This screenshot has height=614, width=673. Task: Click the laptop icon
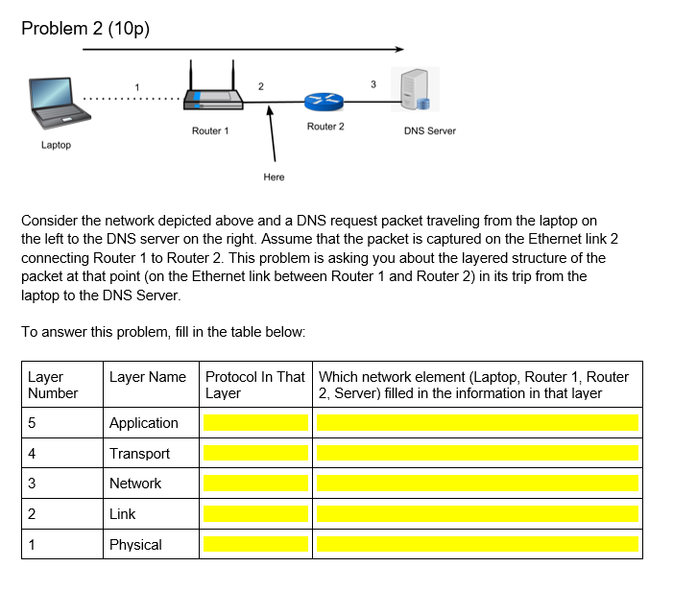click(59, 102)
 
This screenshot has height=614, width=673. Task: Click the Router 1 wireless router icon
click(210, 92)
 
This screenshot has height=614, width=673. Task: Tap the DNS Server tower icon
click(416, 90)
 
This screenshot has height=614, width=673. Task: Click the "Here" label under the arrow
click(274, 177)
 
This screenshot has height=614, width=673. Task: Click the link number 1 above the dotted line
click(136, 87)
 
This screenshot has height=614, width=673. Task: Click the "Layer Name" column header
click(148, 377)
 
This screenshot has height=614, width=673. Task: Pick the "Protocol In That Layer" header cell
click(254, 385)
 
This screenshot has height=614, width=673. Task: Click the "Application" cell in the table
click(144, 423)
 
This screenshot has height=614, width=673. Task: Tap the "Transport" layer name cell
click(139, 454)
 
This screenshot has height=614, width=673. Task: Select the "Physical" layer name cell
click(135, 545)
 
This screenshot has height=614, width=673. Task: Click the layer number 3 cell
click(34, 484)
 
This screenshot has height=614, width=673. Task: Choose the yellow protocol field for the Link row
click(255, 514)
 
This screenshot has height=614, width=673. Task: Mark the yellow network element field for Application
click(477, 423)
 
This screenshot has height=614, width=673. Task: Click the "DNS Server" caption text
click(429, 130)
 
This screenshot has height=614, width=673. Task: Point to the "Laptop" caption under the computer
click(56, 145)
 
